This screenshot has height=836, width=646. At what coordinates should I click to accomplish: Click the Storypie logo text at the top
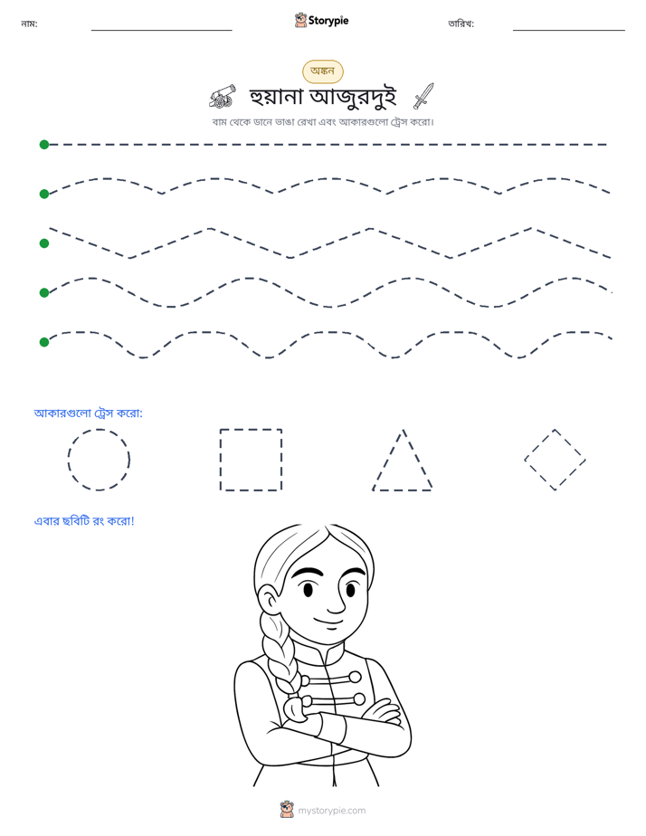pos(328,21)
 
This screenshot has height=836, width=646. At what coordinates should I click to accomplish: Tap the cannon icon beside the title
pos(223,96)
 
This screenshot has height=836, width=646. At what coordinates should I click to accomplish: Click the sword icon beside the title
pos(423,96)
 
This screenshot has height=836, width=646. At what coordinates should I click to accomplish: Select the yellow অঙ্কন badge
pos(322,71)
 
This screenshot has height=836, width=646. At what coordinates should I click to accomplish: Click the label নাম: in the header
pos(29,24)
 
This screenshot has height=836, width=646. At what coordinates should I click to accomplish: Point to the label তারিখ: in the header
pos(461,24)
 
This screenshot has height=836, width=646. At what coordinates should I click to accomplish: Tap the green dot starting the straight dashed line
pos(44,145)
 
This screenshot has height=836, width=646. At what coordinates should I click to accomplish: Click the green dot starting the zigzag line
pos(44,243)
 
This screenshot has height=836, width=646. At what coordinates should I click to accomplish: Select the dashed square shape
pos(220,460)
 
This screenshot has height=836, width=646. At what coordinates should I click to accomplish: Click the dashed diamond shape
pos(539,443)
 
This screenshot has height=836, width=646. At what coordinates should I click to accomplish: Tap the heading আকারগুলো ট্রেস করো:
pos(89,413)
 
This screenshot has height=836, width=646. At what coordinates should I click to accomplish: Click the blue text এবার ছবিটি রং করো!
pos(84,521)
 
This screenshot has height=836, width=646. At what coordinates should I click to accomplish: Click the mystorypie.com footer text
pos(331,811)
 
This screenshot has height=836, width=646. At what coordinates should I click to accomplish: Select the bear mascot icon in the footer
pos(287,809)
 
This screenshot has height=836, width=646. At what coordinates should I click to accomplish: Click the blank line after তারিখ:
pos(569,31)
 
